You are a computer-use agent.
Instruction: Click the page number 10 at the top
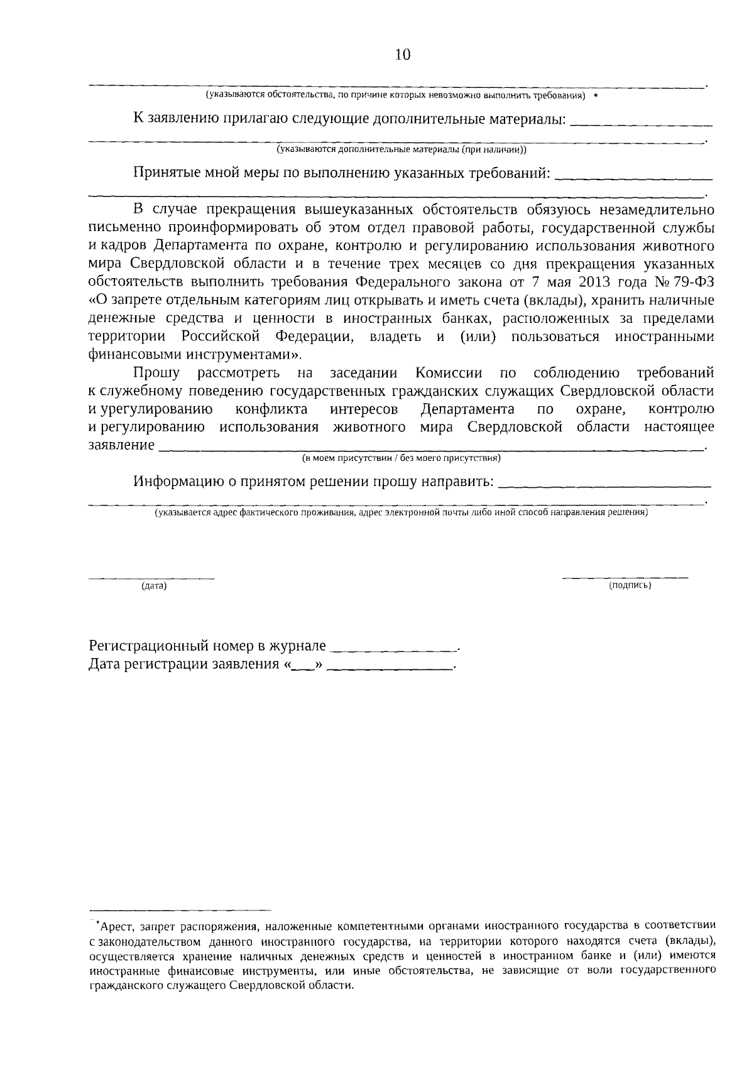click(403, 55)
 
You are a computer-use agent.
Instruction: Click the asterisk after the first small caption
click(595, 95)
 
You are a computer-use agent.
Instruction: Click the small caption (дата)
click(154, 586)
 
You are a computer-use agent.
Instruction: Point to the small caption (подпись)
click(630, 585)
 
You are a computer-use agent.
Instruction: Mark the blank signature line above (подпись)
click(625, 576)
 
